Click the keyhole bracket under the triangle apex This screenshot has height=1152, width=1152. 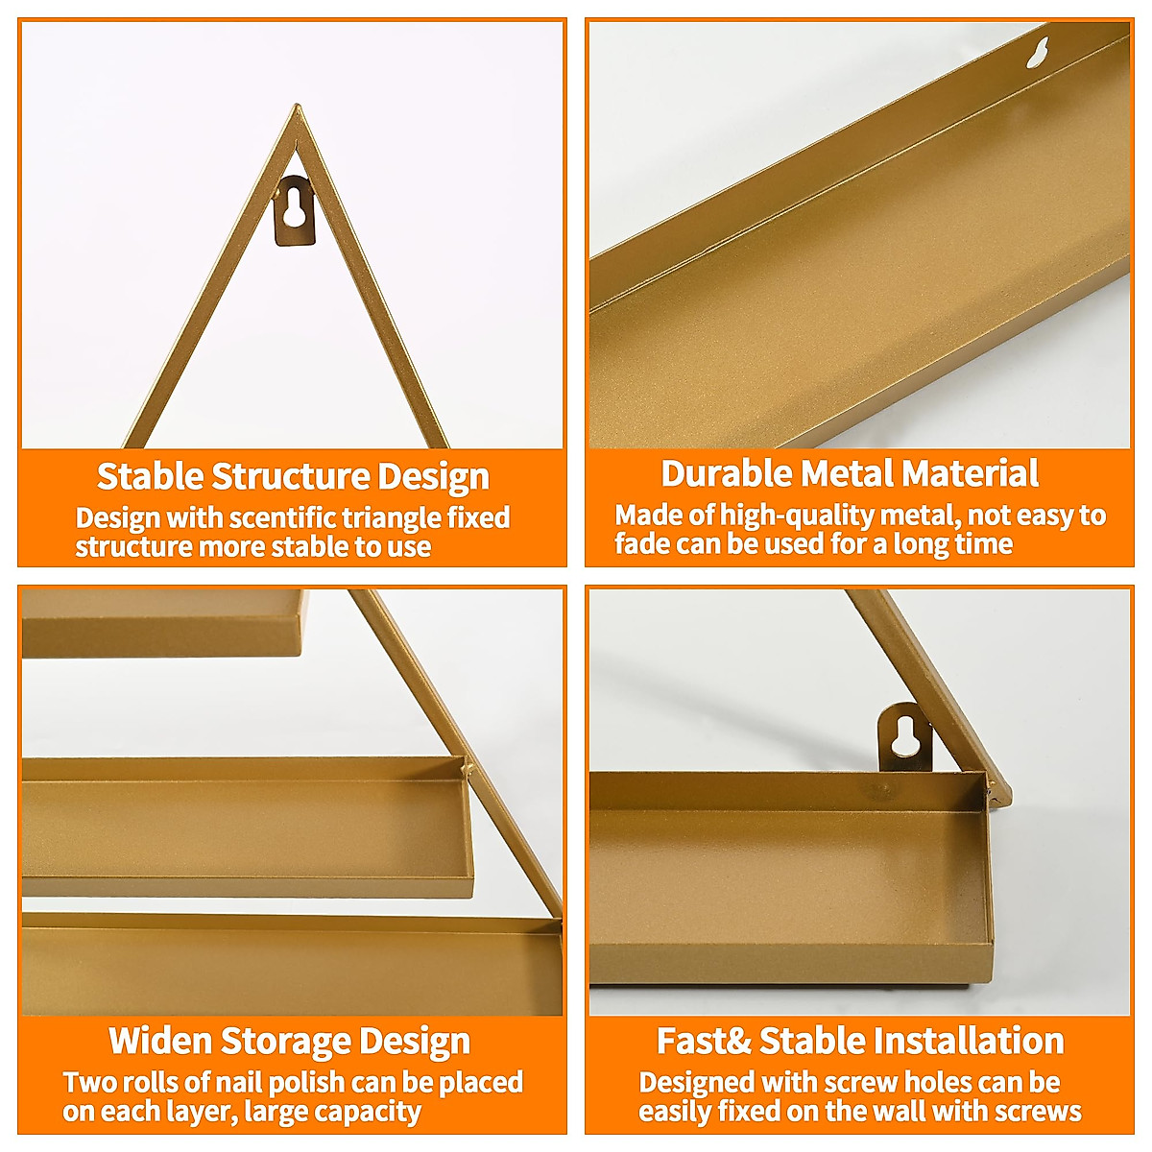[x=296, y=214]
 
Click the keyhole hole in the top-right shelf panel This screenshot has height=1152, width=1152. [x=1037, y=54]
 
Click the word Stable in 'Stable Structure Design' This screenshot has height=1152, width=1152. [x=150, y=476]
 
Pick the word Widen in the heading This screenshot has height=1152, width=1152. [x=160, y=1041]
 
